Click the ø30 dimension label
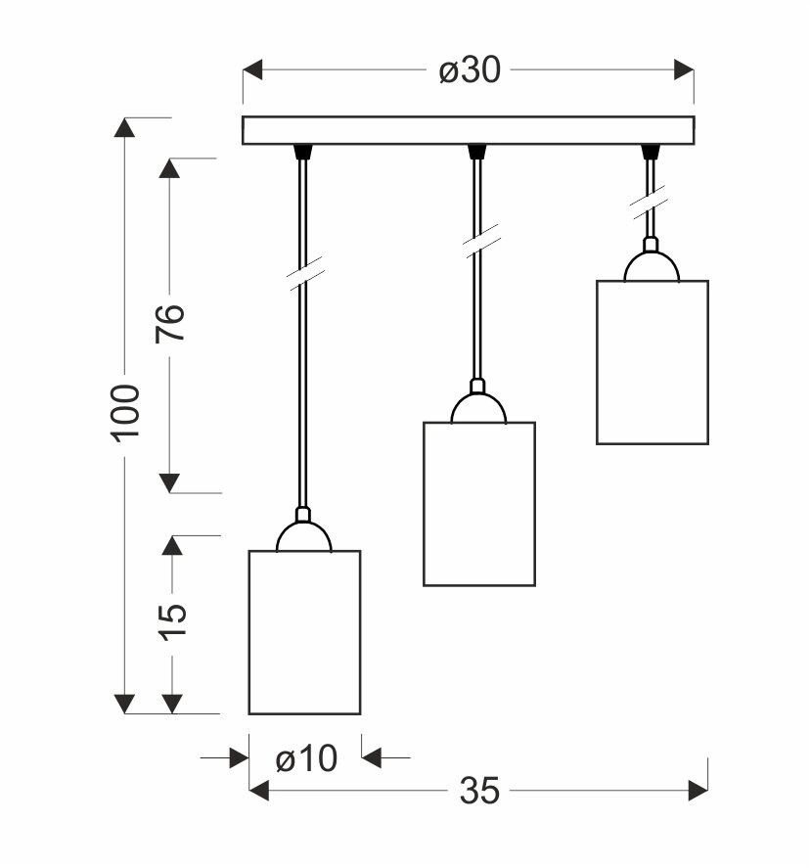(x=470, y=71)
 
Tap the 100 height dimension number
(x=125, y=412)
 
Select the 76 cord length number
(x=170, y=323)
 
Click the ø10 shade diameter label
(x=306, y=757)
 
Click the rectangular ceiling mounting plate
(x=468, y=130)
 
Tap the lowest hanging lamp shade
(x=304, y=632)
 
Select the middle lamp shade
(x=478, y=504)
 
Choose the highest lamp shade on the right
(x=652, y=362)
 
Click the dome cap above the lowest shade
(x=303, y=536)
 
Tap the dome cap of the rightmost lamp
(x=652, y=266)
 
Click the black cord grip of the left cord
(x=302, y=151)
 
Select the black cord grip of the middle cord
(x=476, y=151)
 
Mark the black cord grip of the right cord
(x=650, y=151)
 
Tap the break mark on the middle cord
(x=479, y=240)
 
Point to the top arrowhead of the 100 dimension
(x=125, y=128)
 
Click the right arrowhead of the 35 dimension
(x=698, y=790)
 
